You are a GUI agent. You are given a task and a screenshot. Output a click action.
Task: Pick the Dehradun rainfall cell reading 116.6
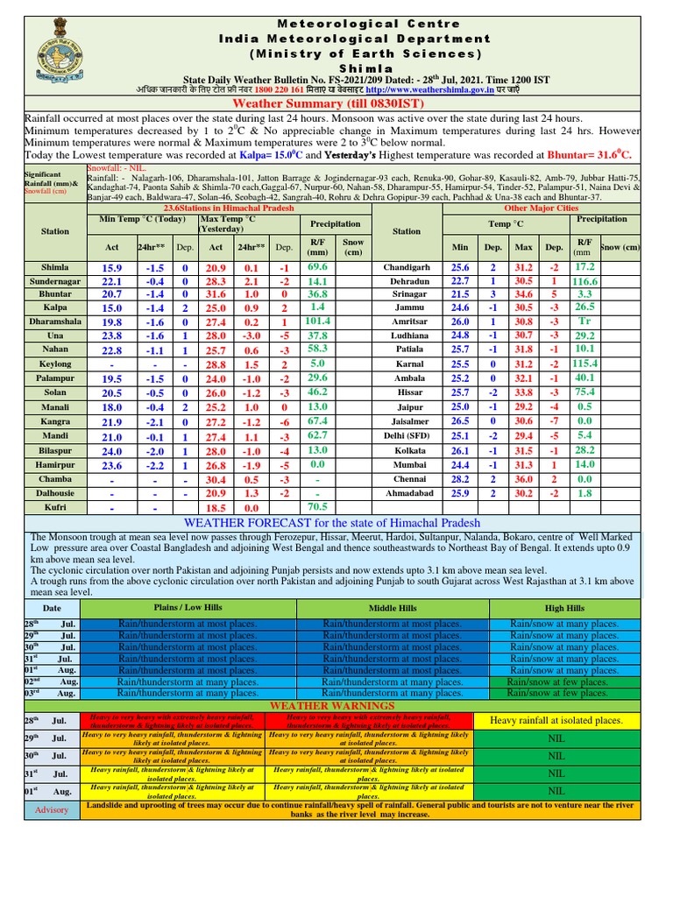[584, 281]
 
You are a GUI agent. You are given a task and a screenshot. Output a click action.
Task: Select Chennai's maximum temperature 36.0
[523, 480]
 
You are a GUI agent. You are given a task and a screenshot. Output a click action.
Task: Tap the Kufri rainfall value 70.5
[317, 506]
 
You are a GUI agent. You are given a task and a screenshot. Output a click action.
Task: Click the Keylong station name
[55, 364]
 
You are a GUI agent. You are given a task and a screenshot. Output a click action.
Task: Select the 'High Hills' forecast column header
[564, 608]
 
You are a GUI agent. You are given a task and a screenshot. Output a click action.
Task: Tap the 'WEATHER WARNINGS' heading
[332, 705]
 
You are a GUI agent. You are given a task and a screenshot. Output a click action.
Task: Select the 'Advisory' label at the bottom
[51, 809]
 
